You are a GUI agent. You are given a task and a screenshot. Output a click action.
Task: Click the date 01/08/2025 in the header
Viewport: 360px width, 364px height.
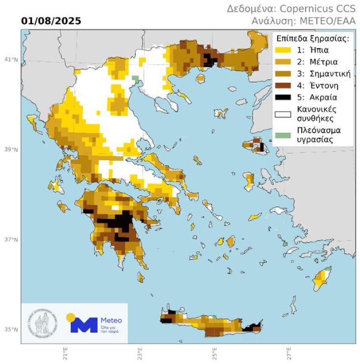(51, 21)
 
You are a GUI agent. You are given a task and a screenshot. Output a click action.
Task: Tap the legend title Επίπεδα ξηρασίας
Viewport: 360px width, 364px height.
(312, 39)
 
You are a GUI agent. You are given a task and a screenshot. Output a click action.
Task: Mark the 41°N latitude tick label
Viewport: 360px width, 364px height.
(12, 60)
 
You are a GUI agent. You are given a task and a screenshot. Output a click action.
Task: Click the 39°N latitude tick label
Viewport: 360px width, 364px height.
(12, 149)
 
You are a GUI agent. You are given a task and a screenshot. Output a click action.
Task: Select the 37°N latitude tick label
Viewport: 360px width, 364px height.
(12, 240)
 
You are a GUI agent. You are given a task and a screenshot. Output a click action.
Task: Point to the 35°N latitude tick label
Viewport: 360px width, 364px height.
(12, 329)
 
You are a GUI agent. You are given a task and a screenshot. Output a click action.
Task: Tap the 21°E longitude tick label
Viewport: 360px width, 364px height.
(65, 353)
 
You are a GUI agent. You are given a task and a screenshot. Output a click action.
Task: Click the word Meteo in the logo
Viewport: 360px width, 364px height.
(111, 320)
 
